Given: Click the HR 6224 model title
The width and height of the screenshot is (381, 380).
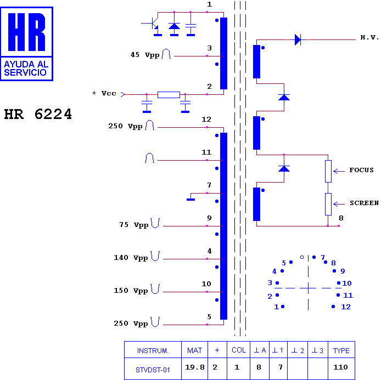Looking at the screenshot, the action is tap(38, 114).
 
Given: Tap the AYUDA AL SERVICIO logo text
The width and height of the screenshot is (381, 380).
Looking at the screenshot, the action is tap(26, 69).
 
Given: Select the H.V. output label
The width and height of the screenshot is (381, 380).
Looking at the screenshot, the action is tap(369, 37).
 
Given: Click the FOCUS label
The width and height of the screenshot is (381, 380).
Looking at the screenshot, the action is tap(361, 170).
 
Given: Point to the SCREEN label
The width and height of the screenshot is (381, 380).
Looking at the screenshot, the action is tap(364, 203).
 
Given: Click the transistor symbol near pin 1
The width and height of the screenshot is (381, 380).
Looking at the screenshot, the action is tap(154, 23).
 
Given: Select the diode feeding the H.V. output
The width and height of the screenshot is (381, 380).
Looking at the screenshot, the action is tap(298, 39).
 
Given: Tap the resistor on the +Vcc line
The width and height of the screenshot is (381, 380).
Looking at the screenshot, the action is tap(169, 95).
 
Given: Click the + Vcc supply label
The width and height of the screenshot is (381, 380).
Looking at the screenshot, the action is tap(104, 93).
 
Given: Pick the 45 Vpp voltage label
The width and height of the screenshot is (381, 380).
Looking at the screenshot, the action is tap(145, 55).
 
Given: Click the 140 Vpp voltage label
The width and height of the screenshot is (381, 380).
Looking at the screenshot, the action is tap(131, 258).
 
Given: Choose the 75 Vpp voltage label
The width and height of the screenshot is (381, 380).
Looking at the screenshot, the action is tap(133, 225).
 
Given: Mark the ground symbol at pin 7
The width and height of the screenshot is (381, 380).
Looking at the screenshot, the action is tap(190, 200).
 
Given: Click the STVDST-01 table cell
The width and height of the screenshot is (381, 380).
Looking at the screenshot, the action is tap(153, 370).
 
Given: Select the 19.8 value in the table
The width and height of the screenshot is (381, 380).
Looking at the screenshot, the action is tap(195, 367).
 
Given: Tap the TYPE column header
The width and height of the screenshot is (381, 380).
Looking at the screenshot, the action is tap(341, 350).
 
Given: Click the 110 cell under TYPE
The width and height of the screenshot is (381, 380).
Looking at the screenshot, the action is tap(341, 367).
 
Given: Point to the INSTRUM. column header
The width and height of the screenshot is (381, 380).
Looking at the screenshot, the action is tap(153, 350).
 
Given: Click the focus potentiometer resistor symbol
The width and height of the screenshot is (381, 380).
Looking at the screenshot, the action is tap(328, 171).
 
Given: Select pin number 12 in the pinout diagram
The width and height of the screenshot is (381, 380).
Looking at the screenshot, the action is tap(346, 307).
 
